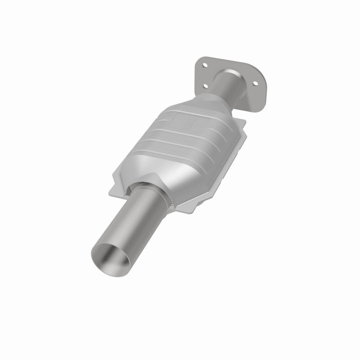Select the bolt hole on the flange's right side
tap(257, 83)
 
